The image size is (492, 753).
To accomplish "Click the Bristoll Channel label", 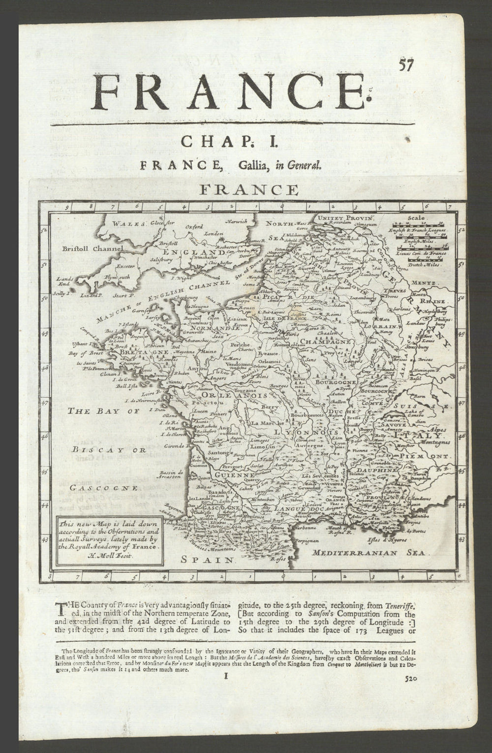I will (92, 249).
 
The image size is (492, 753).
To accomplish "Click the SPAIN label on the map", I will (206, 560).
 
